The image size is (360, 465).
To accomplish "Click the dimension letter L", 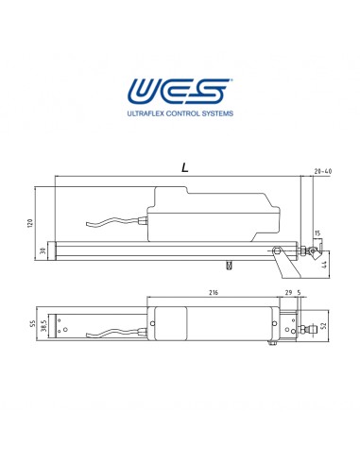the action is [x=185, y=167].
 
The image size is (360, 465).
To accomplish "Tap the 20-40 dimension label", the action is [x=323, y=171].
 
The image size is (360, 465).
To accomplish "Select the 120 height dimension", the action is [x=30, y=223].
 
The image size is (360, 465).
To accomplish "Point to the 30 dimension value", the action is [x=43, y=250].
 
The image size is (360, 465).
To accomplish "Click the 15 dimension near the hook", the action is [x=317, y=233].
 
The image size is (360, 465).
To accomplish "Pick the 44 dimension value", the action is [x=325, y=265].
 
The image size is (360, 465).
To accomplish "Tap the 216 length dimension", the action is [x=214, y=292].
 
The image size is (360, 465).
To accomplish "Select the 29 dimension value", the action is [x=288, y=292].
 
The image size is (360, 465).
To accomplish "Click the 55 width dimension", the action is [x=32, y=323].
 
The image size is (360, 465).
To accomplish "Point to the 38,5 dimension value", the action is [x=43, y=326].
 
